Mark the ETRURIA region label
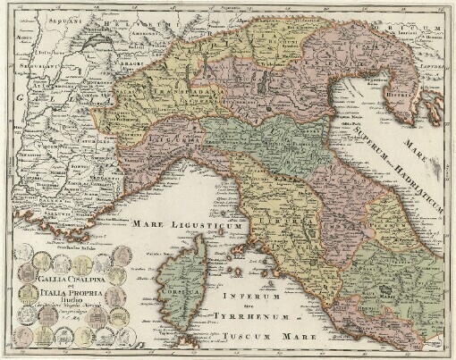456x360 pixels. pyautogui.click(x=282, y=215)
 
